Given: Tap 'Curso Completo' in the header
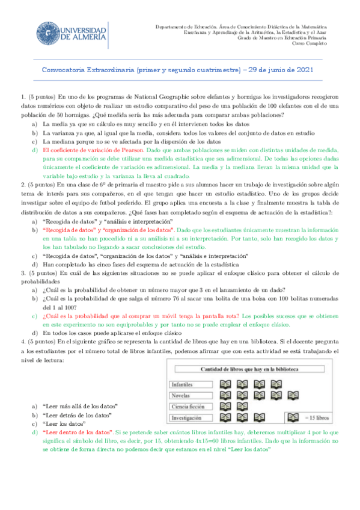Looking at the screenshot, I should click(x=310, y=44).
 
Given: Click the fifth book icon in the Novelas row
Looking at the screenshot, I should click(x=293, y=395).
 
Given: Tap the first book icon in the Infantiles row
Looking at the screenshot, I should click(x=227, y=384).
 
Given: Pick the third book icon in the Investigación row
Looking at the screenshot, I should click(x=260, y=417).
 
